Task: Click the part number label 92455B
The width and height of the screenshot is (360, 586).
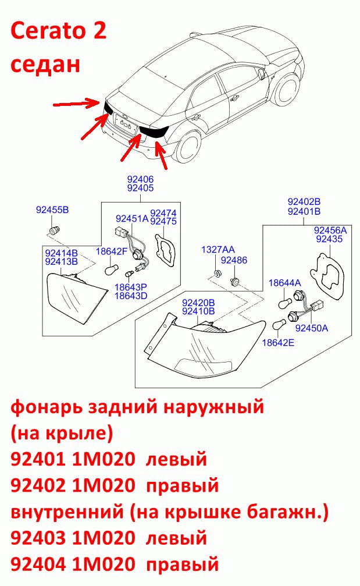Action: point(52,209)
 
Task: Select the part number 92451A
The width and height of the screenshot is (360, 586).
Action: point(132,218)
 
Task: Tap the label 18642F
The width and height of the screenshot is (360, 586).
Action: point(111,251)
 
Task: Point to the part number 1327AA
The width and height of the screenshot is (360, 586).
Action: point(218,250)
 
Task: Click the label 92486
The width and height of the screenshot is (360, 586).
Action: point(234,260)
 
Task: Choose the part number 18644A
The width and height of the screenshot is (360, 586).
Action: point(284,283)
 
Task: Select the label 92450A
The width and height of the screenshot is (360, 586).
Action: point(312,328)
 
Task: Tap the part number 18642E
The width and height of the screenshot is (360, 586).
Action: point(278,342)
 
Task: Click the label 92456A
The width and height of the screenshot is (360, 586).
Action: point(330,230)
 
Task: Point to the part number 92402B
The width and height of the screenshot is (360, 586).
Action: point(304,202)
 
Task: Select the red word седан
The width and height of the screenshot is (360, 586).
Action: point(45,64)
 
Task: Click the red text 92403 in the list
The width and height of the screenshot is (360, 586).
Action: point(38,538)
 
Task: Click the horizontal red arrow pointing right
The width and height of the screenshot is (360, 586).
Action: point(76,103)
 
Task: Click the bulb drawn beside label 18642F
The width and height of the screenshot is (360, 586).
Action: point(111,269)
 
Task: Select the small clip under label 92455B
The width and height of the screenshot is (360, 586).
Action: point(55,229)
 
